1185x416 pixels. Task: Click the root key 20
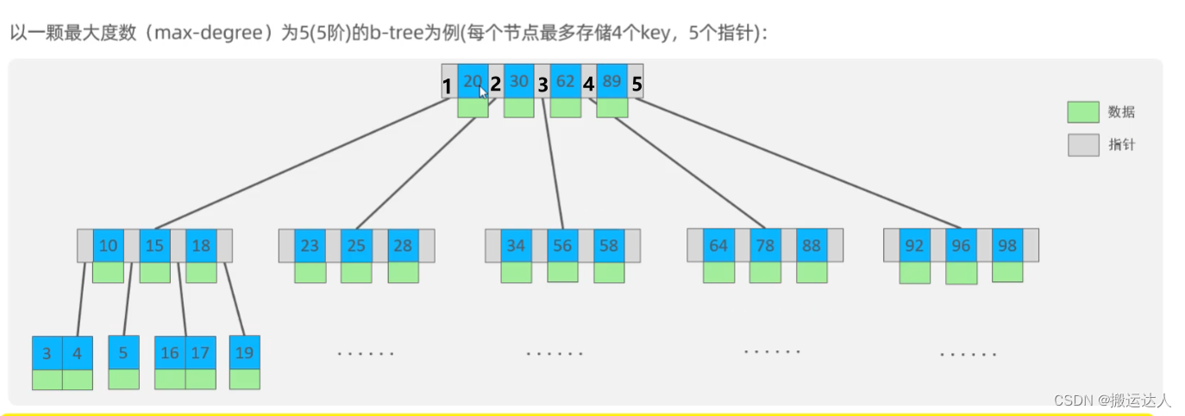[x=473, y=81]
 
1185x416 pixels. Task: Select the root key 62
[x=566, y=81]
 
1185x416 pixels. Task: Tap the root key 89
[x=612, y=81]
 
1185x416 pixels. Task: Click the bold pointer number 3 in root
[x=542, y=85]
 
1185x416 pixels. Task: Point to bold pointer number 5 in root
[x=636, y=85]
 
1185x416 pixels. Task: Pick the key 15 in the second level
[x=154, y=246]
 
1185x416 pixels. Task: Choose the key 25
[x=356, y=246]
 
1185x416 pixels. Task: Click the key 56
[x=562, y=246]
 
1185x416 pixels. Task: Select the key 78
[x=765, y=246]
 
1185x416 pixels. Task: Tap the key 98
[x=1006, y=246]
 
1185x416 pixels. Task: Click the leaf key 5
[x=123, y=352]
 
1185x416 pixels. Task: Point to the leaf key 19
[x=245, y=352]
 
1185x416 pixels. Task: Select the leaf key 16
[x=170, y=353]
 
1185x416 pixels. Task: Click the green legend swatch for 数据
[x=1083, y=112]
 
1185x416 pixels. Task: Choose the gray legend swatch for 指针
[x=1083, y=145]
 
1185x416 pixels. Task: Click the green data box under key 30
[x=519, y=108]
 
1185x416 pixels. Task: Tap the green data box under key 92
[x=915, y=273]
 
